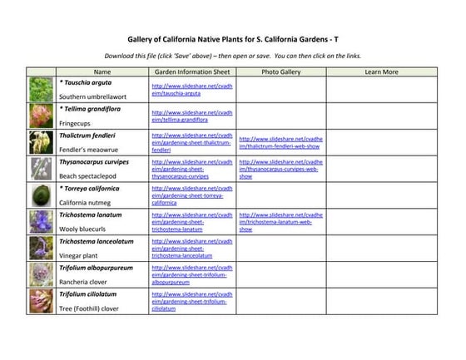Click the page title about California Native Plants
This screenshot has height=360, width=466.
[233, 38]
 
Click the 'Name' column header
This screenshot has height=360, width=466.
[102, 72]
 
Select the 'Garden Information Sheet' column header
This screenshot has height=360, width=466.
[192, 72]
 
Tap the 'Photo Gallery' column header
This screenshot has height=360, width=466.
[280, 72]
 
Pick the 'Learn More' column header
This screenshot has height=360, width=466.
[381, 72]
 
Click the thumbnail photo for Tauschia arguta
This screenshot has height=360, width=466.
[42, 90]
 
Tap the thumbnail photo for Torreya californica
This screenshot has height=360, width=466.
[42, 195]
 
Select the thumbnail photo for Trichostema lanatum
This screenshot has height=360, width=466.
[42, 222]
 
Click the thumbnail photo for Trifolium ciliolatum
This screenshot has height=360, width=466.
[42, 301]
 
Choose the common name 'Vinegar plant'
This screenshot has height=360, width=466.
[82, 255]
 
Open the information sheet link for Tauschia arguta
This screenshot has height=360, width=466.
[191, 90]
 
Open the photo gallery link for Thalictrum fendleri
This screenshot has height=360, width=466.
[279, 143]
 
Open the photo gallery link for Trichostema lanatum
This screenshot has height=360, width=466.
[279, 223]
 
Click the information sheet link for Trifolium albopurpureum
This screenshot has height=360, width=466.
[191, 275]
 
